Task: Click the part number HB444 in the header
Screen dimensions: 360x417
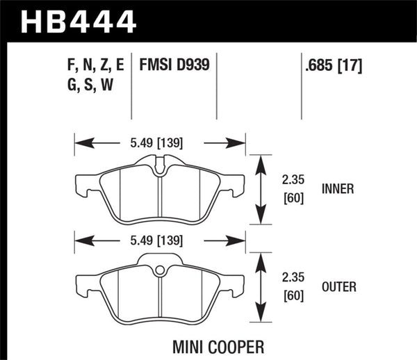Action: (79, 20)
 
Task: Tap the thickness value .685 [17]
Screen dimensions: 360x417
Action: (332, 67)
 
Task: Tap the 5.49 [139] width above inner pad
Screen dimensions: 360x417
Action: (160, 143)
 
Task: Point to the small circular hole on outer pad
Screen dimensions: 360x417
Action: (159, 270)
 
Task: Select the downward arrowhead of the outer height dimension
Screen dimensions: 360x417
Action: (261, 316)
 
